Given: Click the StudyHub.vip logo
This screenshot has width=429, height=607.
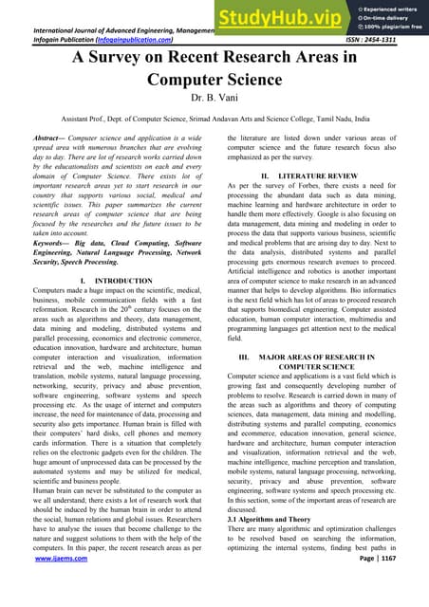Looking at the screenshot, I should pos(270,18).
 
